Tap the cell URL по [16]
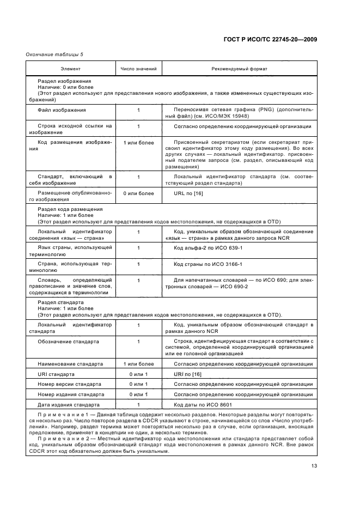(187, 193)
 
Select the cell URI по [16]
(187, 374)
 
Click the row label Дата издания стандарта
(69, 405)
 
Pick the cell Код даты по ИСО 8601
(204, 405)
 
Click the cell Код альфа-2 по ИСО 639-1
(208, 248)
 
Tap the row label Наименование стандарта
(70, 363)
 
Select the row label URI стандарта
(56, 374)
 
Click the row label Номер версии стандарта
(69, 384)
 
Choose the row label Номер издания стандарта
(70, 394)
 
